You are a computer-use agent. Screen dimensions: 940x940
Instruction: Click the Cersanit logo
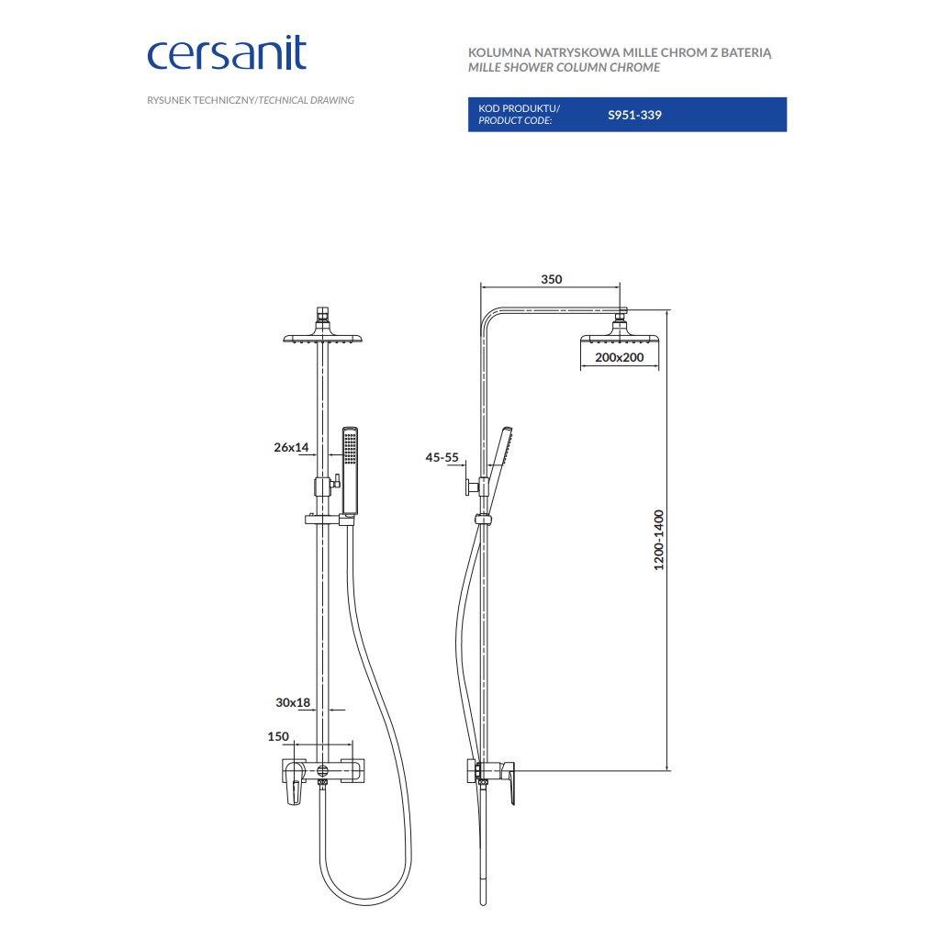point(227,54)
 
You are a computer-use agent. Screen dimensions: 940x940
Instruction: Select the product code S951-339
point(634,115)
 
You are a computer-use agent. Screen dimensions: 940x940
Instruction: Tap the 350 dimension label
point(551,279)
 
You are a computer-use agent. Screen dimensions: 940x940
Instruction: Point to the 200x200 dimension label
point(620,357)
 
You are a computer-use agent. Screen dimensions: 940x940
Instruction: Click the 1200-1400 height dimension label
point(659,540)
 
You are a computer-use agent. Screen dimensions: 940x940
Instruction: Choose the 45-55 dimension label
point(442,457)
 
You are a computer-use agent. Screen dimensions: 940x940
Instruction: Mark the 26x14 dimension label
point(291,447)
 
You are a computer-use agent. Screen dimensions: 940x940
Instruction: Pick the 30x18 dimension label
point(293,702)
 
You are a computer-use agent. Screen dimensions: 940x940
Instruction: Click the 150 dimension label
point(278,737)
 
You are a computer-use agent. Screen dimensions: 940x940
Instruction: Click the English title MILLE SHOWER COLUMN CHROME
point(565,68)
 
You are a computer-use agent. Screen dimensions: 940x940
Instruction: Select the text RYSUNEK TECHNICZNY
point(201,101)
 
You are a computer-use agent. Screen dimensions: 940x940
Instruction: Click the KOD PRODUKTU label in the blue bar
point(518,108)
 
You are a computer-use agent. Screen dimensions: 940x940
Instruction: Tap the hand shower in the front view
point(350,471)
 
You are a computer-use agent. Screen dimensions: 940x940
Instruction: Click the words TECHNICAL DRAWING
point(307,101)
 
